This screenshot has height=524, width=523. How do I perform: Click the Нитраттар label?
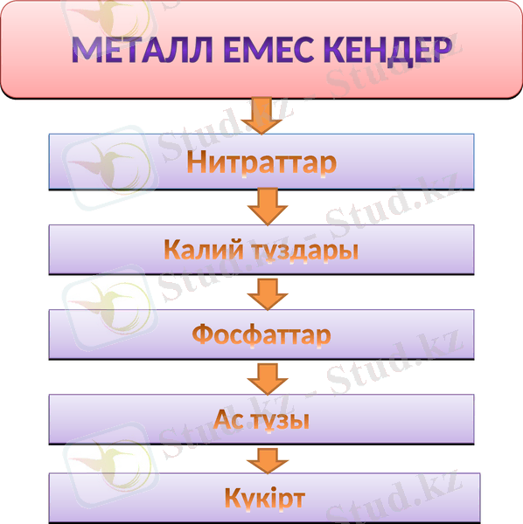261,162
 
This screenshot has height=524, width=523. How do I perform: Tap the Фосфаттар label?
261,334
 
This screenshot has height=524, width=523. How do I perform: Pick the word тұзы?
281,418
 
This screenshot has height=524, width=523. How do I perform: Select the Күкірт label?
263,500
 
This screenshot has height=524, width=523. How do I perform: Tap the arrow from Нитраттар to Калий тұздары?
268,207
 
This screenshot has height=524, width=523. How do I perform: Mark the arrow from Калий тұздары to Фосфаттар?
268,292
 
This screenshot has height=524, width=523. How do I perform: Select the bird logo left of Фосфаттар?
103,314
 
